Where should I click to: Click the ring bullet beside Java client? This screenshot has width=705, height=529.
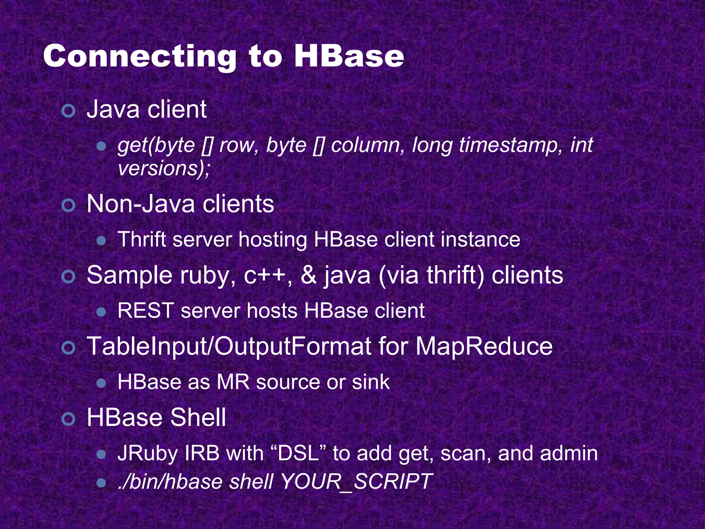[x=69, y=111]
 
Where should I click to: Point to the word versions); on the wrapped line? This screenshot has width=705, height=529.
[x=164, y=168]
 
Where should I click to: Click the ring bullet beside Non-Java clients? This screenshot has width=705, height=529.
[x=69, y=205]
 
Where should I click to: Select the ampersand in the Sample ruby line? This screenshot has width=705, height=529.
[x=308, y=276]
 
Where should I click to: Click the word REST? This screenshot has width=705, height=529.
[x=145, y=311]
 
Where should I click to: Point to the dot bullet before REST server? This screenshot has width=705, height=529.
[x=101, y=312]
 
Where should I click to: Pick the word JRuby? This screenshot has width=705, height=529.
[x=148, y=454]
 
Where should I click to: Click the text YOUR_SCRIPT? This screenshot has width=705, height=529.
[x=356, y=481]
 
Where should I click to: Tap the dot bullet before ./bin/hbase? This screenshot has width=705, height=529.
[x=101, y=482]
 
